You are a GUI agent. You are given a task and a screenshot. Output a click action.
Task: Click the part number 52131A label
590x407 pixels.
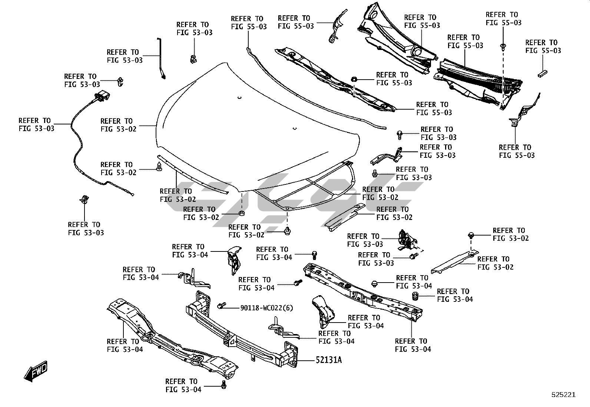pos(328,360)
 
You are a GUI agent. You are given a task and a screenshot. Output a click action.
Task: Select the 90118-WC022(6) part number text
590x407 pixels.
pos(266,308)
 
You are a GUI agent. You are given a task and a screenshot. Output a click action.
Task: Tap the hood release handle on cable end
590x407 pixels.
pos(100,97)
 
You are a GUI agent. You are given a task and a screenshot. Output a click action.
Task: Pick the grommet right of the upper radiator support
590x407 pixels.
pos(416,296)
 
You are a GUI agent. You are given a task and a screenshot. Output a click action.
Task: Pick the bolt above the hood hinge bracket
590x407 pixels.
pos(400,134)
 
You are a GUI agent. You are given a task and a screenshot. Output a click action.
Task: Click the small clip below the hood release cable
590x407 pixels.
pos(84,199)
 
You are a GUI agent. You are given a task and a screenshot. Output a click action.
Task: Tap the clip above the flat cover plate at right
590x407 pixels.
pos(471,235)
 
